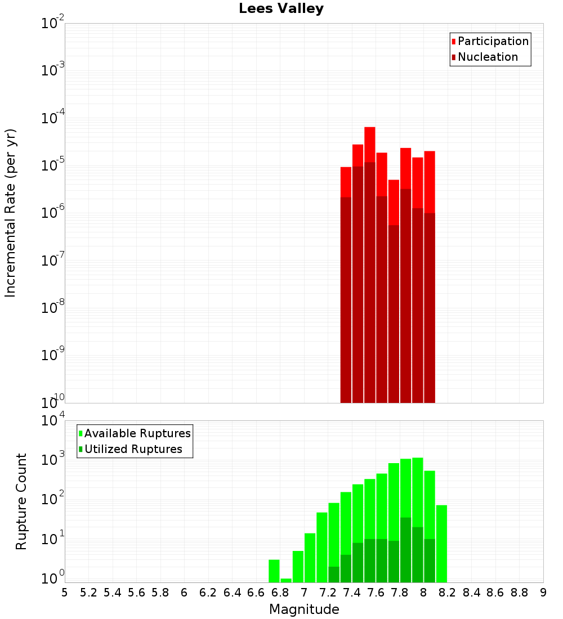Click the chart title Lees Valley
click(x=281, y=9)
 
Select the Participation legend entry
click(x=493, y=41)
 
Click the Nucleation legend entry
click(x=488, y=57)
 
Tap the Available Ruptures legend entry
click(x=137, y=433)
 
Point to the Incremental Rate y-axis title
click(x=11, y=213)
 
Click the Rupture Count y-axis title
click(x=21, y=501)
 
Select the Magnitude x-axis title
click(x=304, y=609)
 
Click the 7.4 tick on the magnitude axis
click(x=352, y=593)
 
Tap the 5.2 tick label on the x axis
click(x=89, y=593)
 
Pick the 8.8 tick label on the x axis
click(x=519, y=593)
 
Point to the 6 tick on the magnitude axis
click(x=184, y=593)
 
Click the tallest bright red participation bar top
click(x=370, y=128)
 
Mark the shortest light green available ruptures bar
click(x=286, y=580)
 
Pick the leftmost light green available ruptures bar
click(x=274, y=571)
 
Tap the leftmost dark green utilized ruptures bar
click(x=334, y=574)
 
